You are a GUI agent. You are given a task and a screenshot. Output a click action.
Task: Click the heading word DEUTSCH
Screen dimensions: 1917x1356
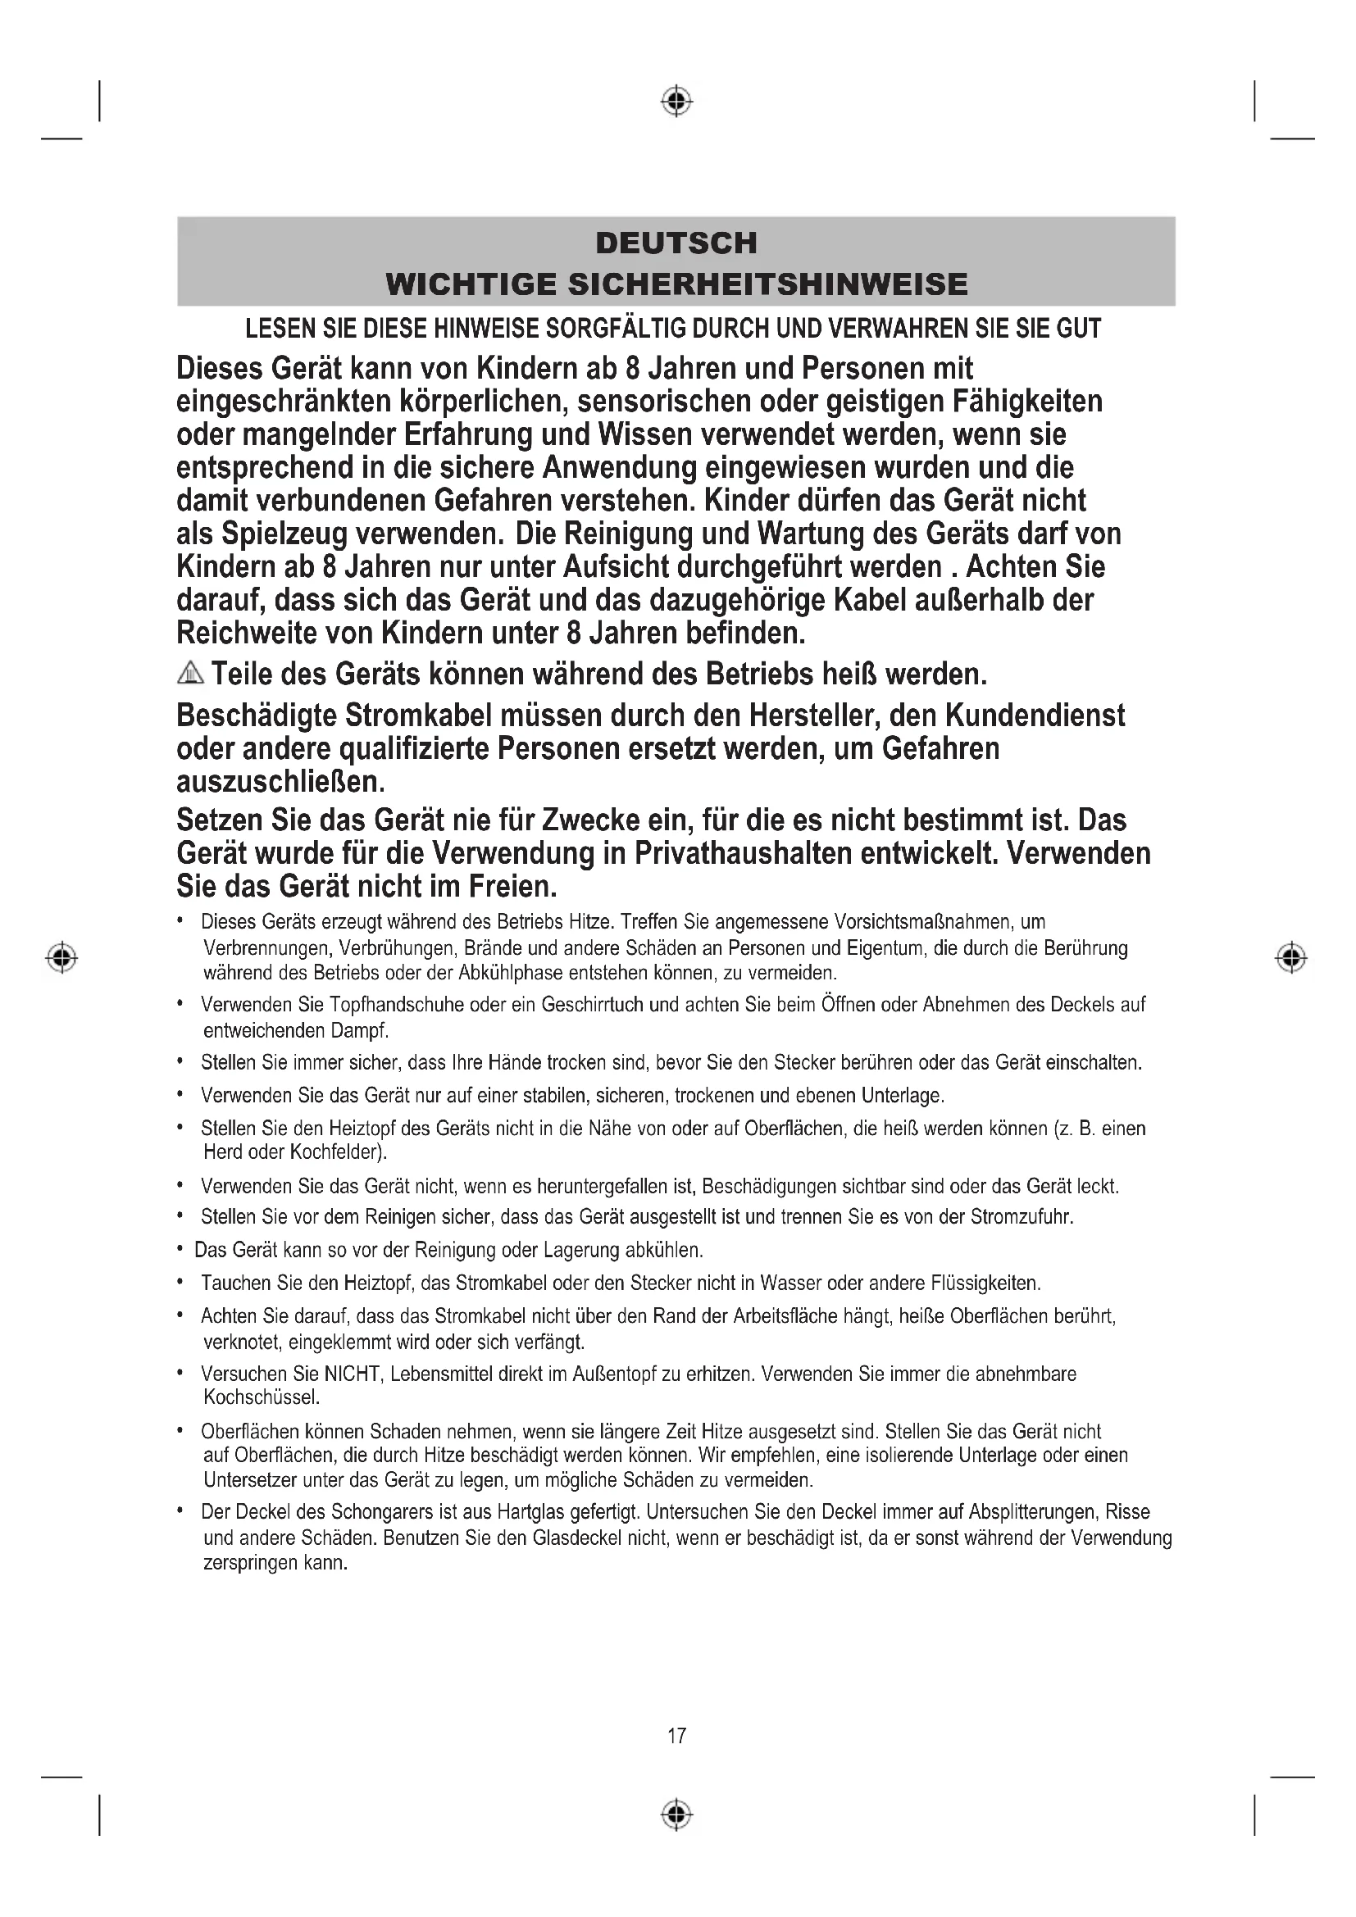coord(676,243)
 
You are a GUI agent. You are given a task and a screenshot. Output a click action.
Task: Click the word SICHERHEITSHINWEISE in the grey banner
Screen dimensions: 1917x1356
coord(768,284)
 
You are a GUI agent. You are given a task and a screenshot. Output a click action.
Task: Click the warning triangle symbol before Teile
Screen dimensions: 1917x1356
coord(190,672)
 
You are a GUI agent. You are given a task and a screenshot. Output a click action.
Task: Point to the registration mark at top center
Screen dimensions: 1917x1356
coord(676,101)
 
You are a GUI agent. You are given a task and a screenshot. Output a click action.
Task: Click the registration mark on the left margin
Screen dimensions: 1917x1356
coord(61,956)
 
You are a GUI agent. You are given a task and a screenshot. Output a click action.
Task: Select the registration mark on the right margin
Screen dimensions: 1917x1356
coord(1291,956)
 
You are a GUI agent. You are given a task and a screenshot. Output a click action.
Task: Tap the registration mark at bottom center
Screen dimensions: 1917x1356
coord(676,1815)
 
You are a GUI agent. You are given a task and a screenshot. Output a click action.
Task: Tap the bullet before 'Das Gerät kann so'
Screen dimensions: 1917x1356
coord(180,1251)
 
